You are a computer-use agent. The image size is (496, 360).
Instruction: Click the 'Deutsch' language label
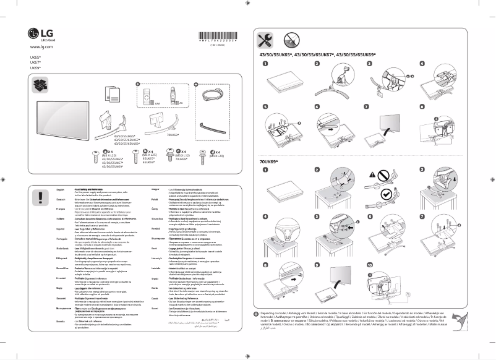(x=61, y=200)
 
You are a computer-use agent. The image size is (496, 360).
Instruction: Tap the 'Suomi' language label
(x=155, y=307)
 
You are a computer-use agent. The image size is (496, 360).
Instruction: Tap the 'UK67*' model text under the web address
(x=35, y=62)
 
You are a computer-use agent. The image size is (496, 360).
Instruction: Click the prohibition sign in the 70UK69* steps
(x=372, y=175)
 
